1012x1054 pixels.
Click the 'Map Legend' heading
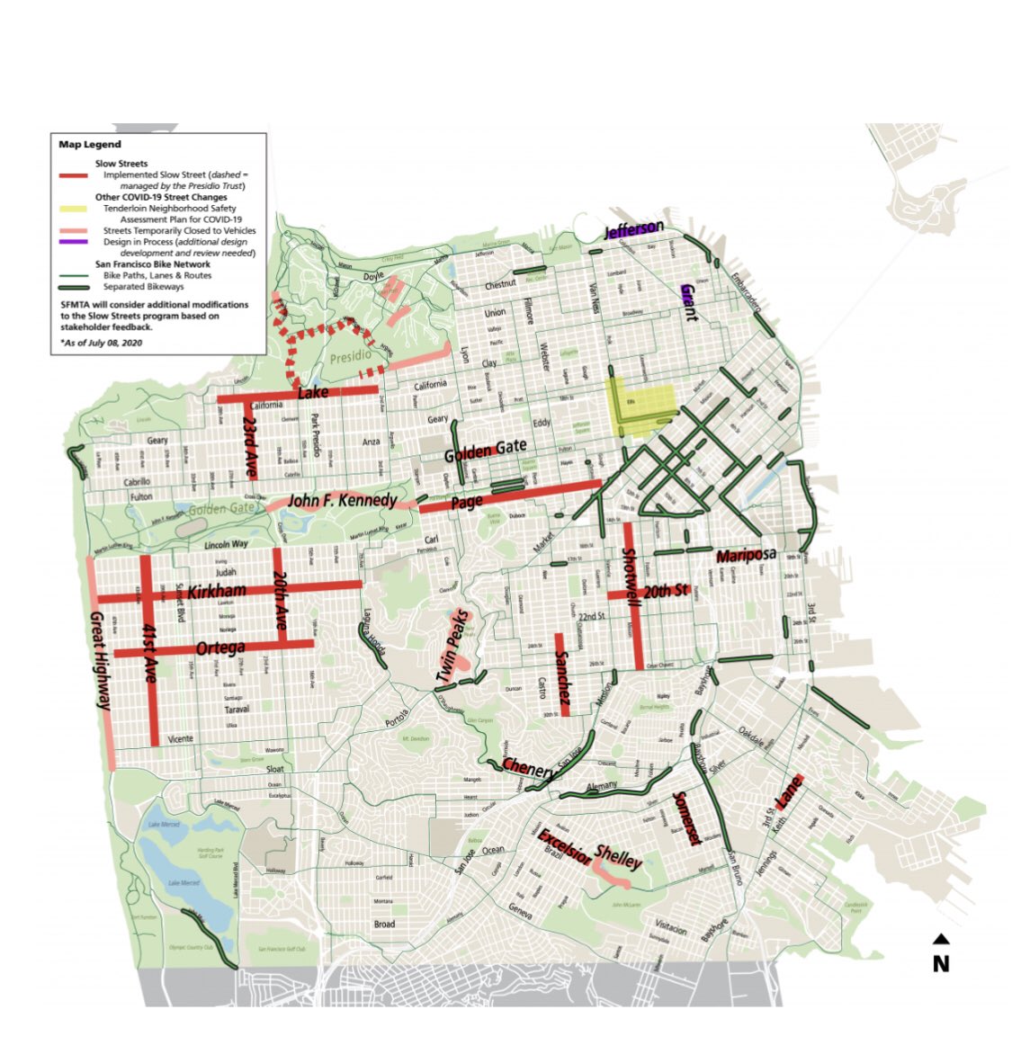[90, 144]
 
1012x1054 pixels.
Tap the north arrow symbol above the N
[941, 940]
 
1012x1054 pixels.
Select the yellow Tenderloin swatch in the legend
[76, 209]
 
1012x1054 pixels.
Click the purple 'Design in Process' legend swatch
[76, 242]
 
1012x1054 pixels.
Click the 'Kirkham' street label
[217, 591]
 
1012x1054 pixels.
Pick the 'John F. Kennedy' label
[343, 500]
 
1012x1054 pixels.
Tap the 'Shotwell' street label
[631, 577]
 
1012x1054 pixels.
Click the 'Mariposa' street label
[746, 556]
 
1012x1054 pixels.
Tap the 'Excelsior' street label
[564, 846]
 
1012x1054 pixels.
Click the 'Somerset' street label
[686, 818]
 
